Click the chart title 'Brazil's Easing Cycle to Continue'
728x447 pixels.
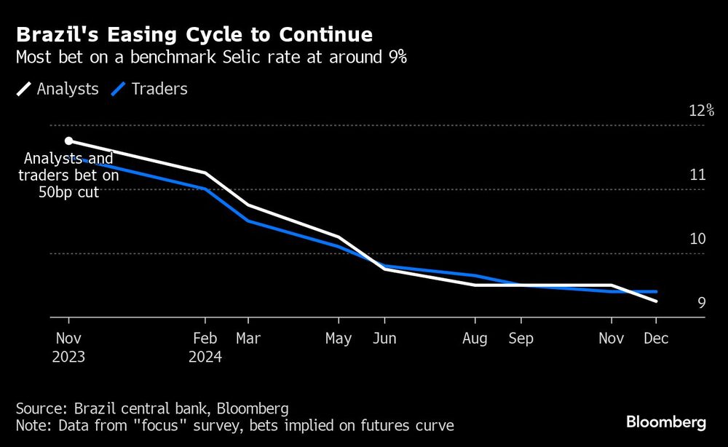click(x=194, y=34)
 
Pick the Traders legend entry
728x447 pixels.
click(x=149, y=89)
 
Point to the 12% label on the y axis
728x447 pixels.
click(x=702, y=111)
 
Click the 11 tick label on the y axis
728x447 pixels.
click(x=697, y=175)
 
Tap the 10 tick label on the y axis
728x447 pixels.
click(x=697, y=239)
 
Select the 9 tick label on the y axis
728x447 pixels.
click(x=702, y=303)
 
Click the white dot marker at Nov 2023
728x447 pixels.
click(x=68, y=141)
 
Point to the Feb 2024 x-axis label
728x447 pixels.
click(x=205, y=347)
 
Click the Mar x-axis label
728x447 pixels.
click(x=248, y=339)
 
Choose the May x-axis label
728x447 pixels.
click(x=339, y=339)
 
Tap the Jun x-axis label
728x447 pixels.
click(x=384, y=339)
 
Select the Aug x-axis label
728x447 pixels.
click(x=475, y=339)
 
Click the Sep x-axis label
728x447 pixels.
click(x=521, y=339)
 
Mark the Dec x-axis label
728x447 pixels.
click(x=656, y=339)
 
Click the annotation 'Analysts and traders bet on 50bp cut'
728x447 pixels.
click(x=68, y=175)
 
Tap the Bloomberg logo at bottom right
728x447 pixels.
click(x=666, y=422)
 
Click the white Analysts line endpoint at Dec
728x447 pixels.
click(x=656, y=301)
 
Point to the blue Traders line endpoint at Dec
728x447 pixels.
click(x=656, y=291)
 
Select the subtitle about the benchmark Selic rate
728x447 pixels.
click(x=211, y=59)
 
